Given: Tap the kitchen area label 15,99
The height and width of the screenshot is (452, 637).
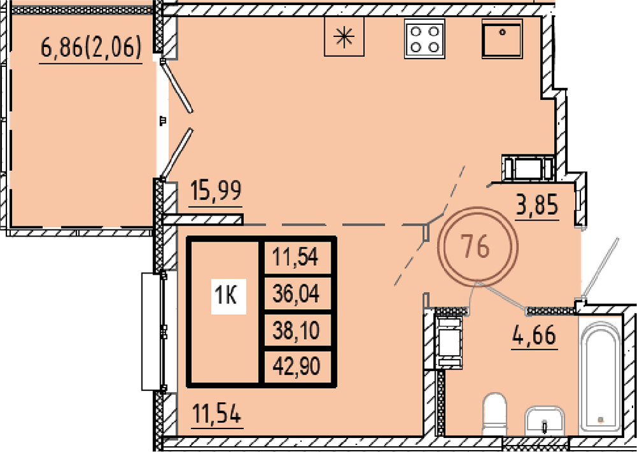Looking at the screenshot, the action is tap(216, 191).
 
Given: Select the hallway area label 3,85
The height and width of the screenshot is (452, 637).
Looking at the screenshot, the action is tap(537, 205).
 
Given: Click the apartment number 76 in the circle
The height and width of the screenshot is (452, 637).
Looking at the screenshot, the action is tap(477, 247).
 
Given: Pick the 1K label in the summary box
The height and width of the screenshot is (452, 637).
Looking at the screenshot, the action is tap(228, 296).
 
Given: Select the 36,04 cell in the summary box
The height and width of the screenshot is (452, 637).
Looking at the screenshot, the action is tap(296, 293).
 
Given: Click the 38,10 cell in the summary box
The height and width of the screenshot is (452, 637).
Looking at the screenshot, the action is tap(296, 330).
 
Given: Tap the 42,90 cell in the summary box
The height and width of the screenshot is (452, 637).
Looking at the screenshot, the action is tap(297, 366).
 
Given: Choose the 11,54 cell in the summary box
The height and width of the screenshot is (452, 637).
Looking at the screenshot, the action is tap(296, 257).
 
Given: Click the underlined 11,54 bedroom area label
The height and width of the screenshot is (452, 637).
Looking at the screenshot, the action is tap(217, 413).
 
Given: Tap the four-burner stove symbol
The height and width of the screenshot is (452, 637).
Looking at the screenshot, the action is tap(424, 39).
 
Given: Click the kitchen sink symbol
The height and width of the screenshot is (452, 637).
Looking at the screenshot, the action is tap(502, 39).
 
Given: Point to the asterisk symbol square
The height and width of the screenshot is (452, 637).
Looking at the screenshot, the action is tap(344, 36).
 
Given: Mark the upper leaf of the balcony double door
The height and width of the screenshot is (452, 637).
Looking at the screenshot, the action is tap(176, 86).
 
